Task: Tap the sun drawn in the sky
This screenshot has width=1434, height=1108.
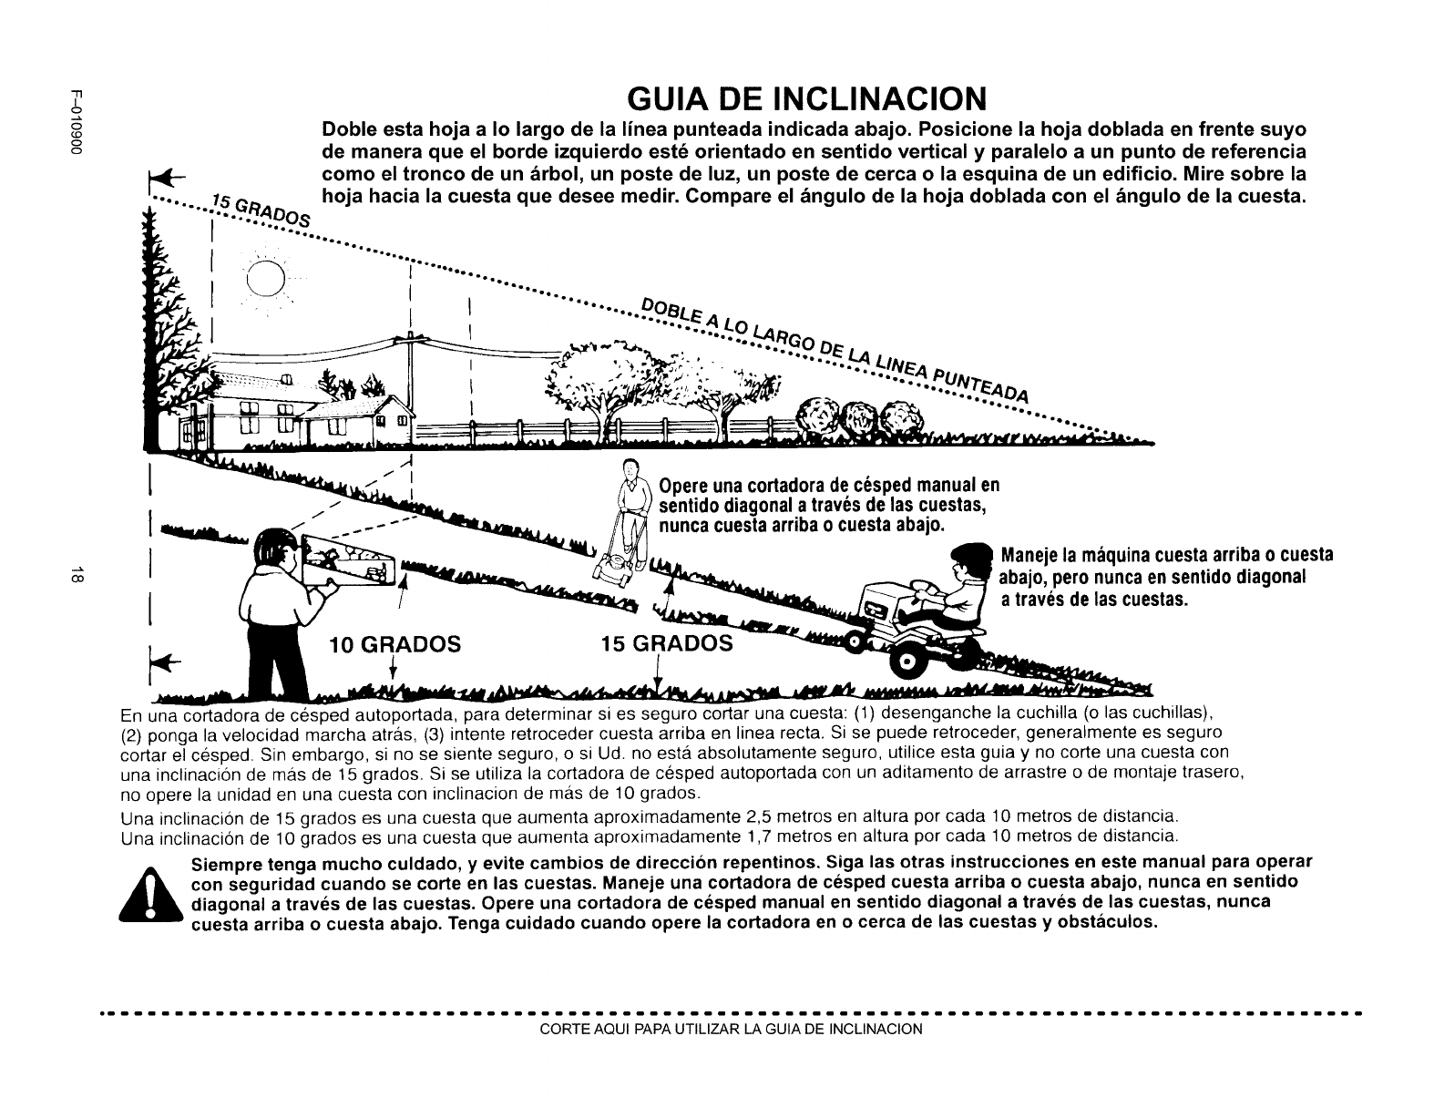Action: (266, 278)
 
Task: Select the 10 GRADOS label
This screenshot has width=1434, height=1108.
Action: (394, 644)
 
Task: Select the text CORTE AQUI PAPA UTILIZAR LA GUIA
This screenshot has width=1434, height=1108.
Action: (731, 1030)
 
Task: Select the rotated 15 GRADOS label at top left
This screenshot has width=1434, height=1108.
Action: (259, 213)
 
